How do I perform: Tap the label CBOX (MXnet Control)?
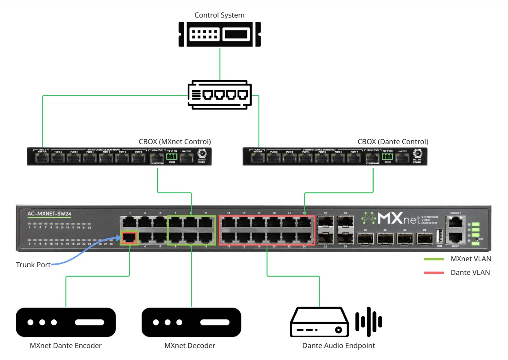coord(175,142)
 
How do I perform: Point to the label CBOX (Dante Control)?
coord(392,142)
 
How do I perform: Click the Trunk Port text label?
coord(33,265)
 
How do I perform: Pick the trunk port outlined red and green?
coord(130,238)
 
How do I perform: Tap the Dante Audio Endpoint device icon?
coord(317,322)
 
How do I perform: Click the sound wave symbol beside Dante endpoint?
coord(368,321)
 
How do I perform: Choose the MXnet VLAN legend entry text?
coord(471,259)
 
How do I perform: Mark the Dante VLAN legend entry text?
coord(470,272)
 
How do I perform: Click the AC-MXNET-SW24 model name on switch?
coord(49,214)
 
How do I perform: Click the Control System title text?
coord(219,15)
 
